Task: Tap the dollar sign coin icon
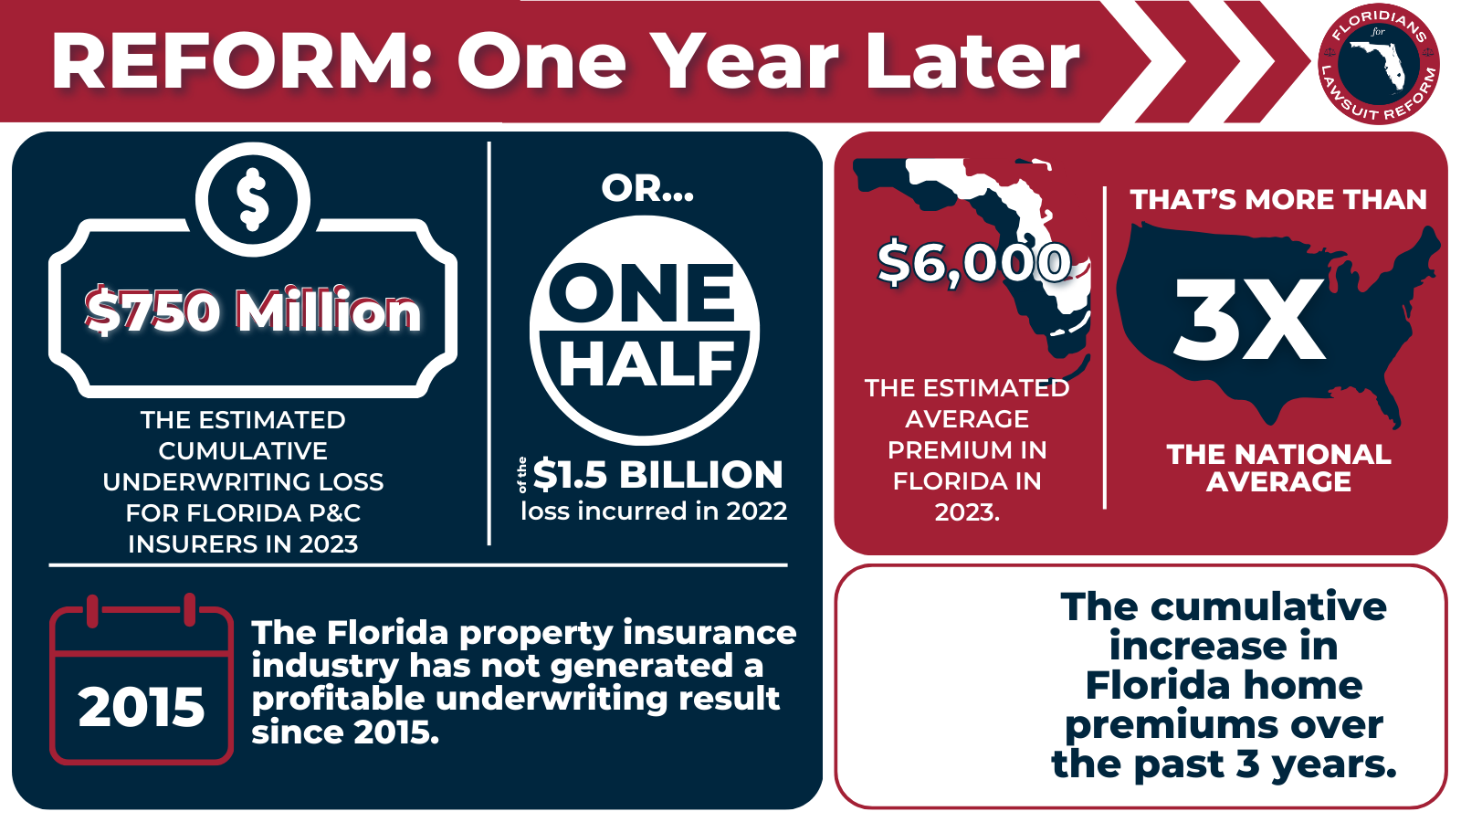point(253,199)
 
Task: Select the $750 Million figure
point(253,311)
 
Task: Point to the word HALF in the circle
point(646,364)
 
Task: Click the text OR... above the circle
point(647,188)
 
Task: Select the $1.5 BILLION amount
point(657,475)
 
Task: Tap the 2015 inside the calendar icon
point(142,708)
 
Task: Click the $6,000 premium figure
point(973,264)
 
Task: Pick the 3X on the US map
point(1248,321)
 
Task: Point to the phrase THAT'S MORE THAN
point(1277,200)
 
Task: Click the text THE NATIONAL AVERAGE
point(1278,468)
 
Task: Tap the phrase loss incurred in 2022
point(654,511)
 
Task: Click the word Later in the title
point(972,62)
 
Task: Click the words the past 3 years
point(1224,764)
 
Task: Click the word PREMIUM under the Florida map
point(966,450)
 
